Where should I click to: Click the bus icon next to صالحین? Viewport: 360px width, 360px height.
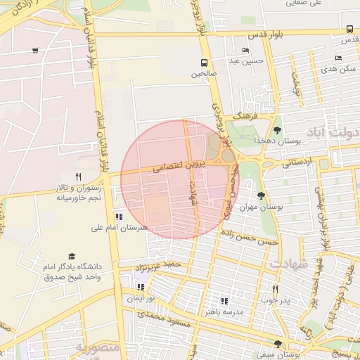click(203, 62)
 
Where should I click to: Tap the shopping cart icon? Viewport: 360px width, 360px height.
click(35, 51)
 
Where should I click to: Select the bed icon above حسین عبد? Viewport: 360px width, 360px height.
click(245, 50)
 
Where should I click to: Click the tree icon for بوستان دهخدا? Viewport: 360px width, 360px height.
click(277, 129)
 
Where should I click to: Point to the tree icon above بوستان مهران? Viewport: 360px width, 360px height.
click(262, 196)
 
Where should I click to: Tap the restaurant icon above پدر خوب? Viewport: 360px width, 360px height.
click(275, 288)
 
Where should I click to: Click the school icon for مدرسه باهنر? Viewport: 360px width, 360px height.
click(224, 300)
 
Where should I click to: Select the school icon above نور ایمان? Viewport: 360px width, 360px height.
click(141, 287)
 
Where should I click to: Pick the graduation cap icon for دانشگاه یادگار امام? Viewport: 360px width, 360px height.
click(72, 257)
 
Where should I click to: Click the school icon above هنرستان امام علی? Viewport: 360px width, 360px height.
click(119, 217)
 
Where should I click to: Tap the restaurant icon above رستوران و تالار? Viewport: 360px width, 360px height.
click(79, 177)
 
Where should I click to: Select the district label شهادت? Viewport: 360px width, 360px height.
click(289, 264)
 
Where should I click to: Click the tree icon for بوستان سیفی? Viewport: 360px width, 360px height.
click(278, 344)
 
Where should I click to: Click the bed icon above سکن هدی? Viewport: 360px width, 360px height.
click(339, 58)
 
